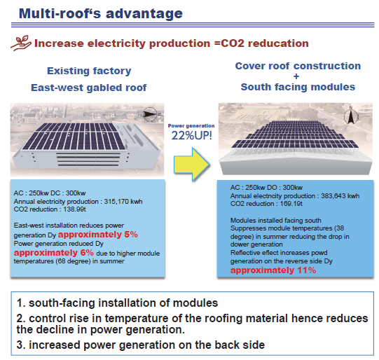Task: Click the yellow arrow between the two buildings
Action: [x=192, y=165]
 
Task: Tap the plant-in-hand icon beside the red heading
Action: [x=21, y=43]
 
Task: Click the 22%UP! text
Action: [x=192, y=135]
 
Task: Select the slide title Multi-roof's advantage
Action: [x=101, y=13]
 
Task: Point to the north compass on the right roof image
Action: [x=351, y=115]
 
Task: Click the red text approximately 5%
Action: [x=98, y=235]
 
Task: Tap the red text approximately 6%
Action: [x=54, y=253]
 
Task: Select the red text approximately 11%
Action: [x=273, y=270]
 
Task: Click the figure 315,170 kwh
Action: [x=123, y=202]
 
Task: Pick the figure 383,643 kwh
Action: [x=340, y=195]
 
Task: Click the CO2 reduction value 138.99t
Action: [x=75, y=209]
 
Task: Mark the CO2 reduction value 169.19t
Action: [x=291, y=204]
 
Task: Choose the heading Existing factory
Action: [x=89, y=71]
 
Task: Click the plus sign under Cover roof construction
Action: [x=296, y=76]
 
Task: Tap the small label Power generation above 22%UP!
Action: [x=191, y=125]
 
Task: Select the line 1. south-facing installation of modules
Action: [x=117, y=303]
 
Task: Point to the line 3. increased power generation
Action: [x=140, y=345]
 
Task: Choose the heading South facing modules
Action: [x=298, y=88]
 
